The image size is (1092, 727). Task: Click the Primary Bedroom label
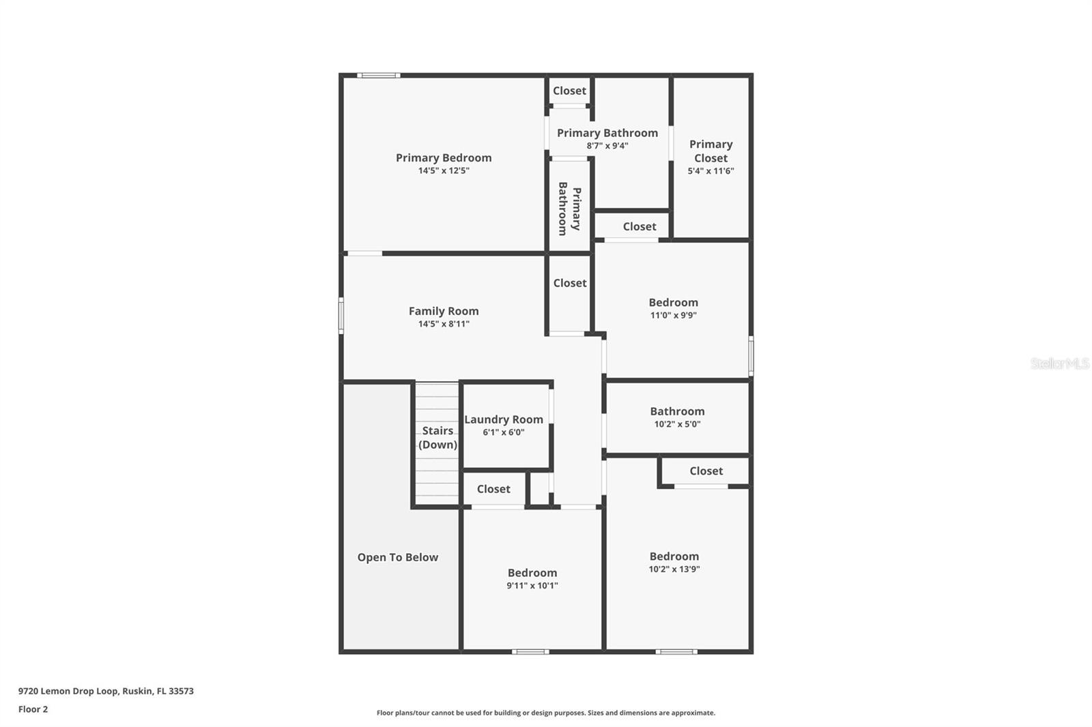click(444, 158)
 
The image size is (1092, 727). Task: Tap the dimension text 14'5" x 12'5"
click(444, 170)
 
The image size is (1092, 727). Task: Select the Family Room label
click(444, 311)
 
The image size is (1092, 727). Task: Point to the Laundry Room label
click(504, 419)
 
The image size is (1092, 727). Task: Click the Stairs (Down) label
click(437, 438)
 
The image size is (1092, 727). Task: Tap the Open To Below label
click(398, 557)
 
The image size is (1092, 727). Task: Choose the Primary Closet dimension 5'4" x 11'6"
click(710, 171)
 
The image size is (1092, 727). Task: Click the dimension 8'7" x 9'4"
click(607, 146)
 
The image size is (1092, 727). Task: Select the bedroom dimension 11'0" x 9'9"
click(674, 315)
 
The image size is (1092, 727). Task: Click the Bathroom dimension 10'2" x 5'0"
click(677, 424)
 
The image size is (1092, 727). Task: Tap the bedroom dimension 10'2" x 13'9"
click(674, 569)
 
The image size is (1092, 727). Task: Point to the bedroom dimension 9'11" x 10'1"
click(532, 586)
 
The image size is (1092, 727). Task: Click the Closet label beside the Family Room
click(570, 283)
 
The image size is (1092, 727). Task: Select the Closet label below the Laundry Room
click(493, 489)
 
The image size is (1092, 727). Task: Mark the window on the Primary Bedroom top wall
click(378, 75)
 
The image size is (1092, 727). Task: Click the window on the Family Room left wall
click(341, 315)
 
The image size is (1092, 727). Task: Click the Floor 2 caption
click(33, 709)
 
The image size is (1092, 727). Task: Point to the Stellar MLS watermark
click(1060, 363)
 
